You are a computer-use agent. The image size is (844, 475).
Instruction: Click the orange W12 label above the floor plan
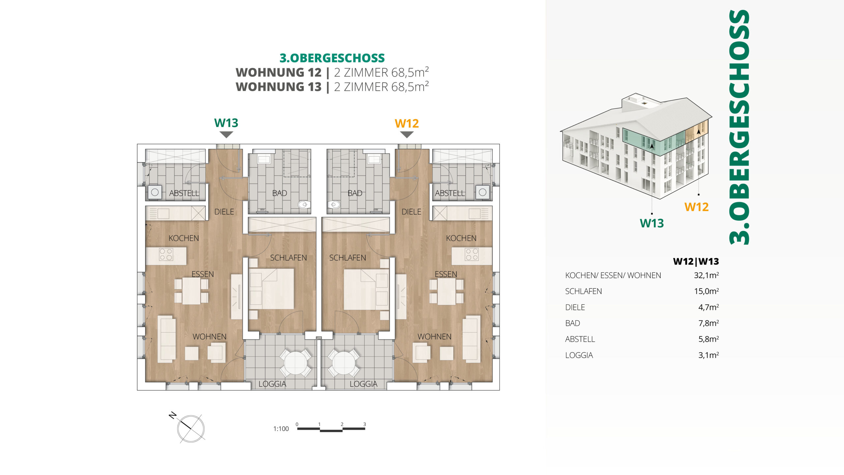tap(407, 123)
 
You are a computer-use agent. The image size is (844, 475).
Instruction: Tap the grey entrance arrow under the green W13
tap(226, 135)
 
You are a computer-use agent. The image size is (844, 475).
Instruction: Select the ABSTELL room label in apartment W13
tap(184, 193)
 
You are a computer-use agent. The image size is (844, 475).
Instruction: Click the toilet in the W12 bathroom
tap(334, 205)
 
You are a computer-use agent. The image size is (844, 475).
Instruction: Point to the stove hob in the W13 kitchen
tap(166, 254)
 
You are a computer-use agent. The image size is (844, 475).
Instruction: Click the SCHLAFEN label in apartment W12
tap(347, 258)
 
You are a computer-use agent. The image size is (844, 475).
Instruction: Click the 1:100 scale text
tap(281, 428)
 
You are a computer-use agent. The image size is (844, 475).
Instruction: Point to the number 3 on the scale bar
tap(365, 424)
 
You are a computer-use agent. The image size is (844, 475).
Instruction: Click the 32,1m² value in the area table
tap(706, 275)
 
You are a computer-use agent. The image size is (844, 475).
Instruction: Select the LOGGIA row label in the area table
tap(579, 355)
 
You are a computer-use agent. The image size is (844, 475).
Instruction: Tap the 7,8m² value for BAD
tap(708, 323)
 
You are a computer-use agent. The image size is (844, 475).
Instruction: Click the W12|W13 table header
tap(696, 261)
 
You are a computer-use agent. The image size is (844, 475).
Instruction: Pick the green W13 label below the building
tap(651, 223)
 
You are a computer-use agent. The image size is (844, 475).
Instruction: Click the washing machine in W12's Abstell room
tap(482, 192)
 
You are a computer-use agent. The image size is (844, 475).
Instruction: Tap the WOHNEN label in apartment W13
tap(209, 336)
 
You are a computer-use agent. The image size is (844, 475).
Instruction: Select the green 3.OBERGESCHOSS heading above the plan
tap(332, 58)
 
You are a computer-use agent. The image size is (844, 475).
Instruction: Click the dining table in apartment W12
tap(446, 291)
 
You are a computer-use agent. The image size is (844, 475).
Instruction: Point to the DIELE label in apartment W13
tap(224, 212)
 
